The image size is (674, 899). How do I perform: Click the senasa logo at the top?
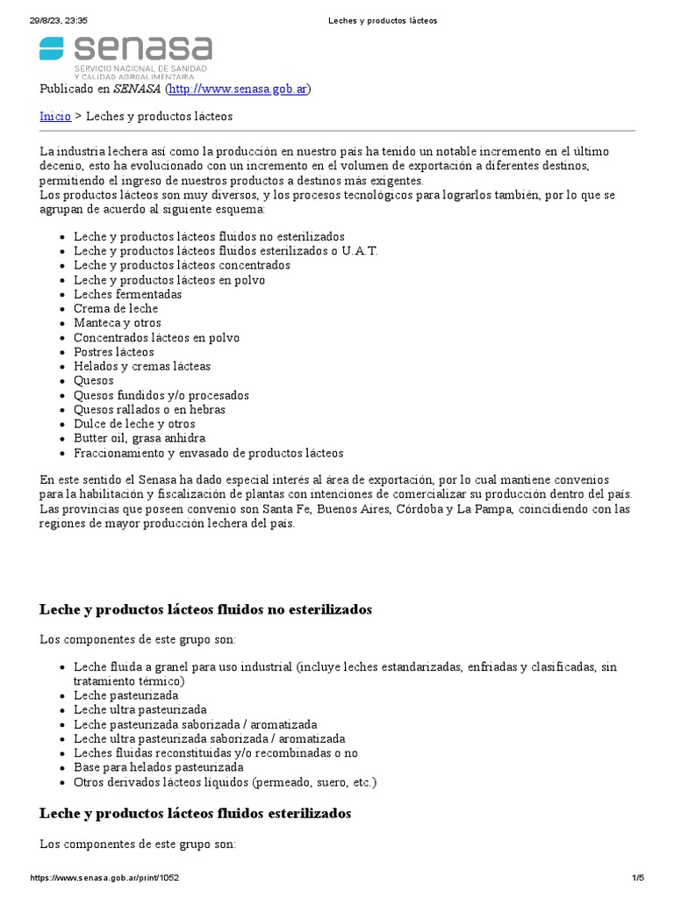[125, 56]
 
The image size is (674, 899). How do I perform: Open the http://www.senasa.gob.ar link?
[238, 89]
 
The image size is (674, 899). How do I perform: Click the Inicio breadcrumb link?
[55, 116]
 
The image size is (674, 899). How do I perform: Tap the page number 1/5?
[638, 878]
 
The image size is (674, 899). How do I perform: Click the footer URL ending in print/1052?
[105, 878]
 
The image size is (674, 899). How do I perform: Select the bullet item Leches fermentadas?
[127, 294]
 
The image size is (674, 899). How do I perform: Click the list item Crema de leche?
[116, 308]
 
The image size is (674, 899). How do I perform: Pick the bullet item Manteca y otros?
[118, 323]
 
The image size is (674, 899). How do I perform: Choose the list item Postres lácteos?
[113, 352]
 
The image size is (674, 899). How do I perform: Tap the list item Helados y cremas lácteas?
[142, 366]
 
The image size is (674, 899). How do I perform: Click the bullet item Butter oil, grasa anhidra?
[140, 438]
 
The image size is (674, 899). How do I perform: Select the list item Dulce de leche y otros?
[134, 424]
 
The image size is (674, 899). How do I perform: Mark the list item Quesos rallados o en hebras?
[149, 409]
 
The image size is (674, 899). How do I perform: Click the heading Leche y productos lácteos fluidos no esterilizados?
[205, 609]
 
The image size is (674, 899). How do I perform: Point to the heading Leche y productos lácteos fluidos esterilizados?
[195, 814]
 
